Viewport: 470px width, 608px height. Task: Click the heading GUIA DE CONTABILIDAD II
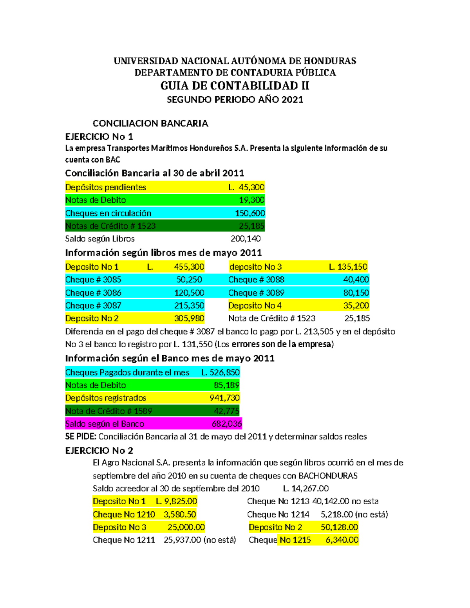[235, 86]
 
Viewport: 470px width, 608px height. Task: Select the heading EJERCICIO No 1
[99, 137]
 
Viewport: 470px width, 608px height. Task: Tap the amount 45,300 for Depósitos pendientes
[251, 187]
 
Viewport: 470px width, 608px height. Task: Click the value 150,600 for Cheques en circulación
[250, 213]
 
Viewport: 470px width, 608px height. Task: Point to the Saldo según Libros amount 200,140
[246, 239]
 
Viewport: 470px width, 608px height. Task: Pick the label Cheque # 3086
[93, 293]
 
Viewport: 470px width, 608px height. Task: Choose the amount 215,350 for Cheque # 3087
[189, 306]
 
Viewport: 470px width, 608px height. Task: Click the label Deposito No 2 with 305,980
[92, 319]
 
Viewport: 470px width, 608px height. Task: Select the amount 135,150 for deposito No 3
[352, 267]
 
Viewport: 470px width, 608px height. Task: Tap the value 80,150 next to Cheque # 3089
[356, 293]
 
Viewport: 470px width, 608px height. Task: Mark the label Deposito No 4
[255, 306]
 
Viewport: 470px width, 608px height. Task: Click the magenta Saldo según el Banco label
[105, 424]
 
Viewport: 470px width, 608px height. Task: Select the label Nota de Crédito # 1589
[108, 411]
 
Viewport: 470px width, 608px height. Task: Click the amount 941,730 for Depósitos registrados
[224, 398]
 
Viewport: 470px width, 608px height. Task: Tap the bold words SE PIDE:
[81, 437]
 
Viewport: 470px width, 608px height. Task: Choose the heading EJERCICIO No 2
[99, 451]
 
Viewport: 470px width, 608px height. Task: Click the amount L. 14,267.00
[305, 489]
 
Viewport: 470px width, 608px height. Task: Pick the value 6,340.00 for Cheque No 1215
[342, 540]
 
